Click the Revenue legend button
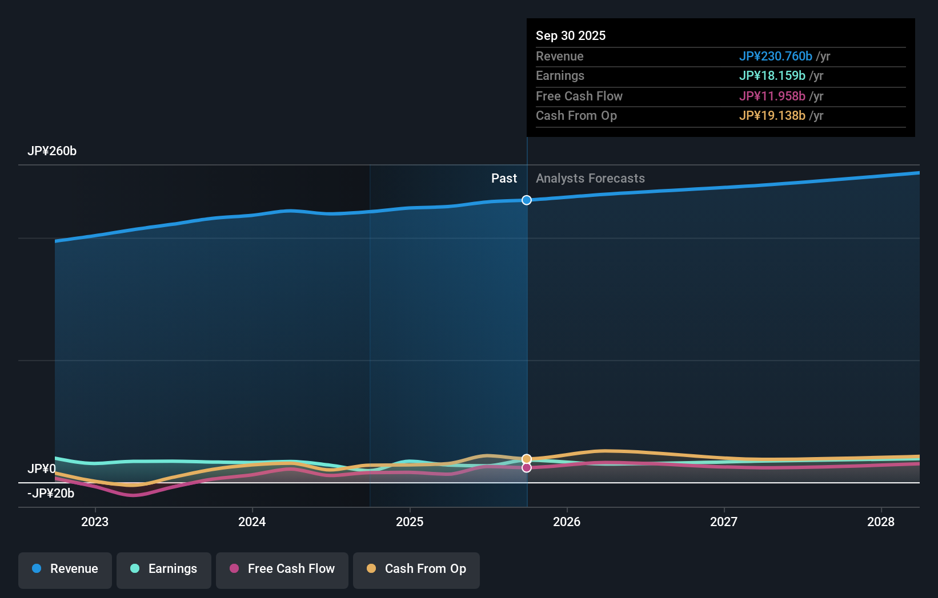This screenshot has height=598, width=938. coord(65,569)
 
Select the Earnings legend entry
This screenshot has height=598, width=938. coord(164,569)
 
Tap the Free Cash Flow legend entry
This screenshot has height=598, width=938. coord(282,569)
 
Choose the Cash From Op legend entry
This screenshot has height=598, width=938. coord(416,569)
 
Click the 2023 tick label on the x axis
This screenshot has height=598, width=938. coord(95,522)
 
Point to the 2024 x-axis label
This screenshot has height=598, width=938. coord(252,522)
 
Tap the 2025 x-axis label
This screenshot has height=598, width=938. coord(410,522)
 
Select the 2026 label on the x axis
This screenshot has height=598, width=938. coord(567,522)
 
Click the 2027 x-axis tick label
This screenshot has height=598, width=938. coord(724,522)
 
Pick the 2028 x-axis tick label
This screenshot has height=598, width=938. coord(881,522)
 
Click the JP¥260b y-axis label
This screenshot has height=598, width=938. coord(52,151)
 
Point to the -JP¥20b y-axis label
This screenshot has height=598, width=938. coord(51,494)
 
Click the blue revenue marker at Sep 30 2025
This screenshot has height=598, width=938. coord(527,200)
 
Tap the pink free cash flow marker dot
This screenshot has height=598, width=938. coord(527,468)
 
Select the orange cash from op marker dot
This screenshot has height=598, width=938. coord(527,459)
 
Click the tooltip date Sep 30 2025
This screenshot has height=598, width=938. coord(571,35)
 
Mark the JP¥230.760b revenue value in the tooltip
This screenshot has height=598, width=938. coord(775,56)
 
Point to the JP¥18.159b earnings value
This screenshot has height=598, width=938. coord(772,76)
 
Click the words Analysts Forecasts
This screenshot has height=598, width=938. coord(590,179)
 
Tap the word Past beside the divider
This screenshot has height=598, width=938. coord(504,179)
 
